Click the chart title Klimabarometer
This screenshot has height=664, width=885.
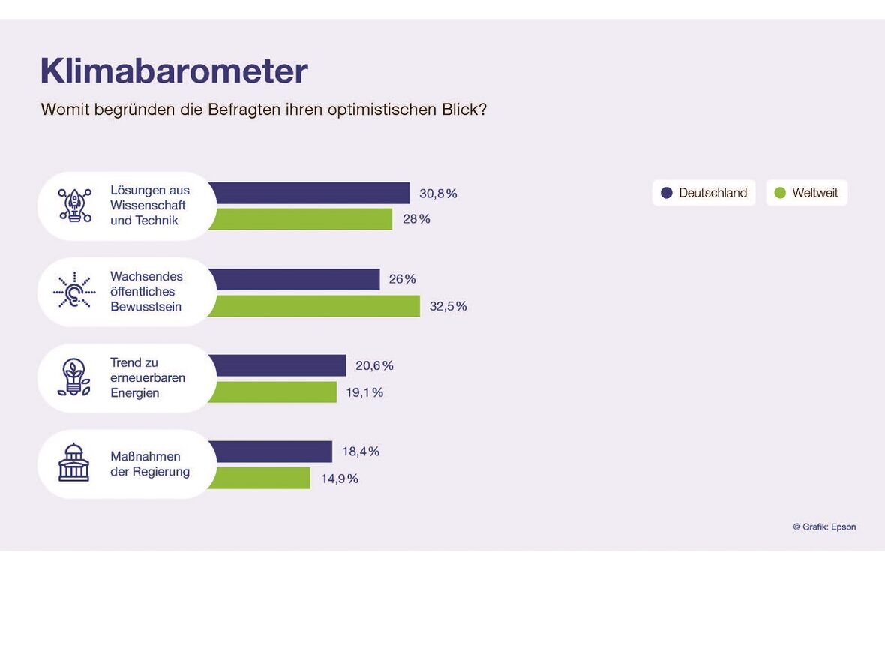[174, 71]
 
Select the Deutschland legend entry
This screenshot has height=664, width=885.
[703, 193]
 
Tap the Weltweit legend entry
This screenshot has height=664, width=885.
[806, 193]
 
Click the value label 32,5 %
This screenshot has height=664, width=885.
[448, 306]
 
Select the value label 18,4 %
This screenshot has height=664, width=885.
[361, 452]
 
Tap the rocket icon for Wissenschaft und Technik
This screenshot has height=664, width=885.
[74, 206]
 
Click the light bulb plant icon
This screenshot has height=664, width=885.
[74, 377]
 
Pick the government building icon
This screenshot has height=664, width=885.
[74, 463]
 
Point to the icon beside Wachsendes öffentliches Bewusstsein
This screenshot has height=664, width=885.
[74, 291]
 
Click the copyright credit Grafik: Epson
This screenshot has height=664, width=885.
[824, 527]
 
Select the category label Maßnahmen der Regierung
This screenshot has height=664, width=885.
[150, 464]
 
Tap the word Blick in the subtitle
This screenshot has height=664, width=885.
[460, 110]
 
